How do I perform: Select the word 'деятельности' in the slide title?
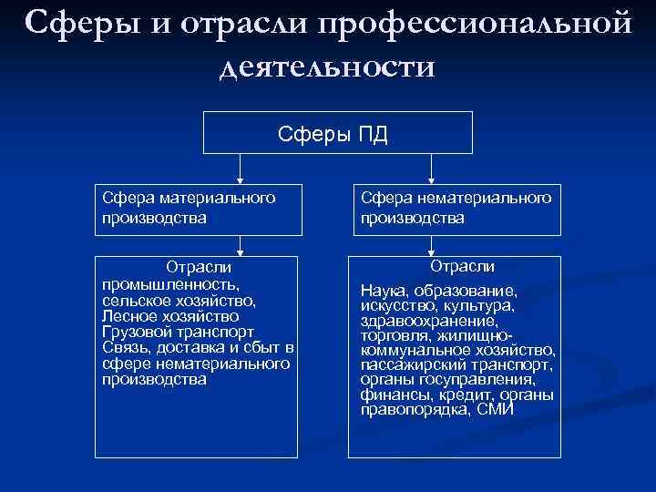[327, 67]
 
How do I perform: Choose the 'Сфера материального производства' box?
[197, 207]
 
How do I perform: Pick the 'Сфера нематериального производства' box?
[456, 207]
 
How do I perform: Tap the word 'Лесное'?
[131, 315]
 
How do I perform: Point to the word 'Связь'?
[127, 347]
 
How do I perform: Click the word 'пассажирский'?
[409, 364]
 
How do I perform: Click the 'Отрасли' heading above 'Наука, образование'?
[462, 266]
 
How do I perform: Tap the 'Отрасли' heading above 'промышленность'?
[199, 267]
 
